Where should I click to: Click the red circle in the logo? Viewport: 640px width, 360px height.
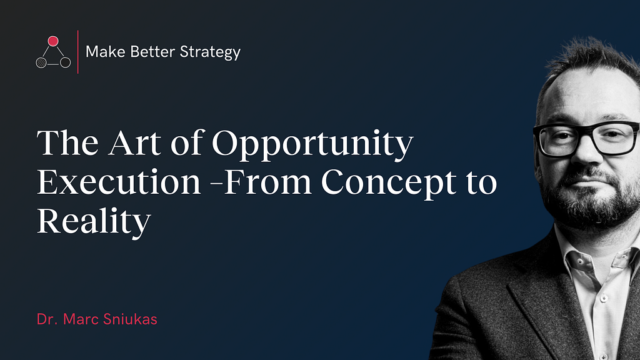click(53, 41)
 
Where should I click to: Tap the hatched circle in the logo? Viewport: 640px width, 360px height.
click(41, 62)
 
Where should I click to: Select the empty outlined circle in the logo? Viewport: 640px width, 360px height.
click(65, 62)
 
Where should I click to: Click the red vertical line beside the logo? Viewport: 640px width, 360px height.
click(77, 52)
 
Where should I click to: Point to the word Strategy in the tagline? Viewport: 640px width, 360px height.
click(210, 53)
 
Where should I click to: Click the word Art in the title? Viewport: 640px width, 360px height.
click(135, 143)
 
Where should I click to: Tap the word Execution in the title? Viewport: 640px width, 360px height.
click(119, 182)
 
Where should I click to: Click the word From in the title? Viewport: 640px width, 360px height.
click(267, 182)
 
